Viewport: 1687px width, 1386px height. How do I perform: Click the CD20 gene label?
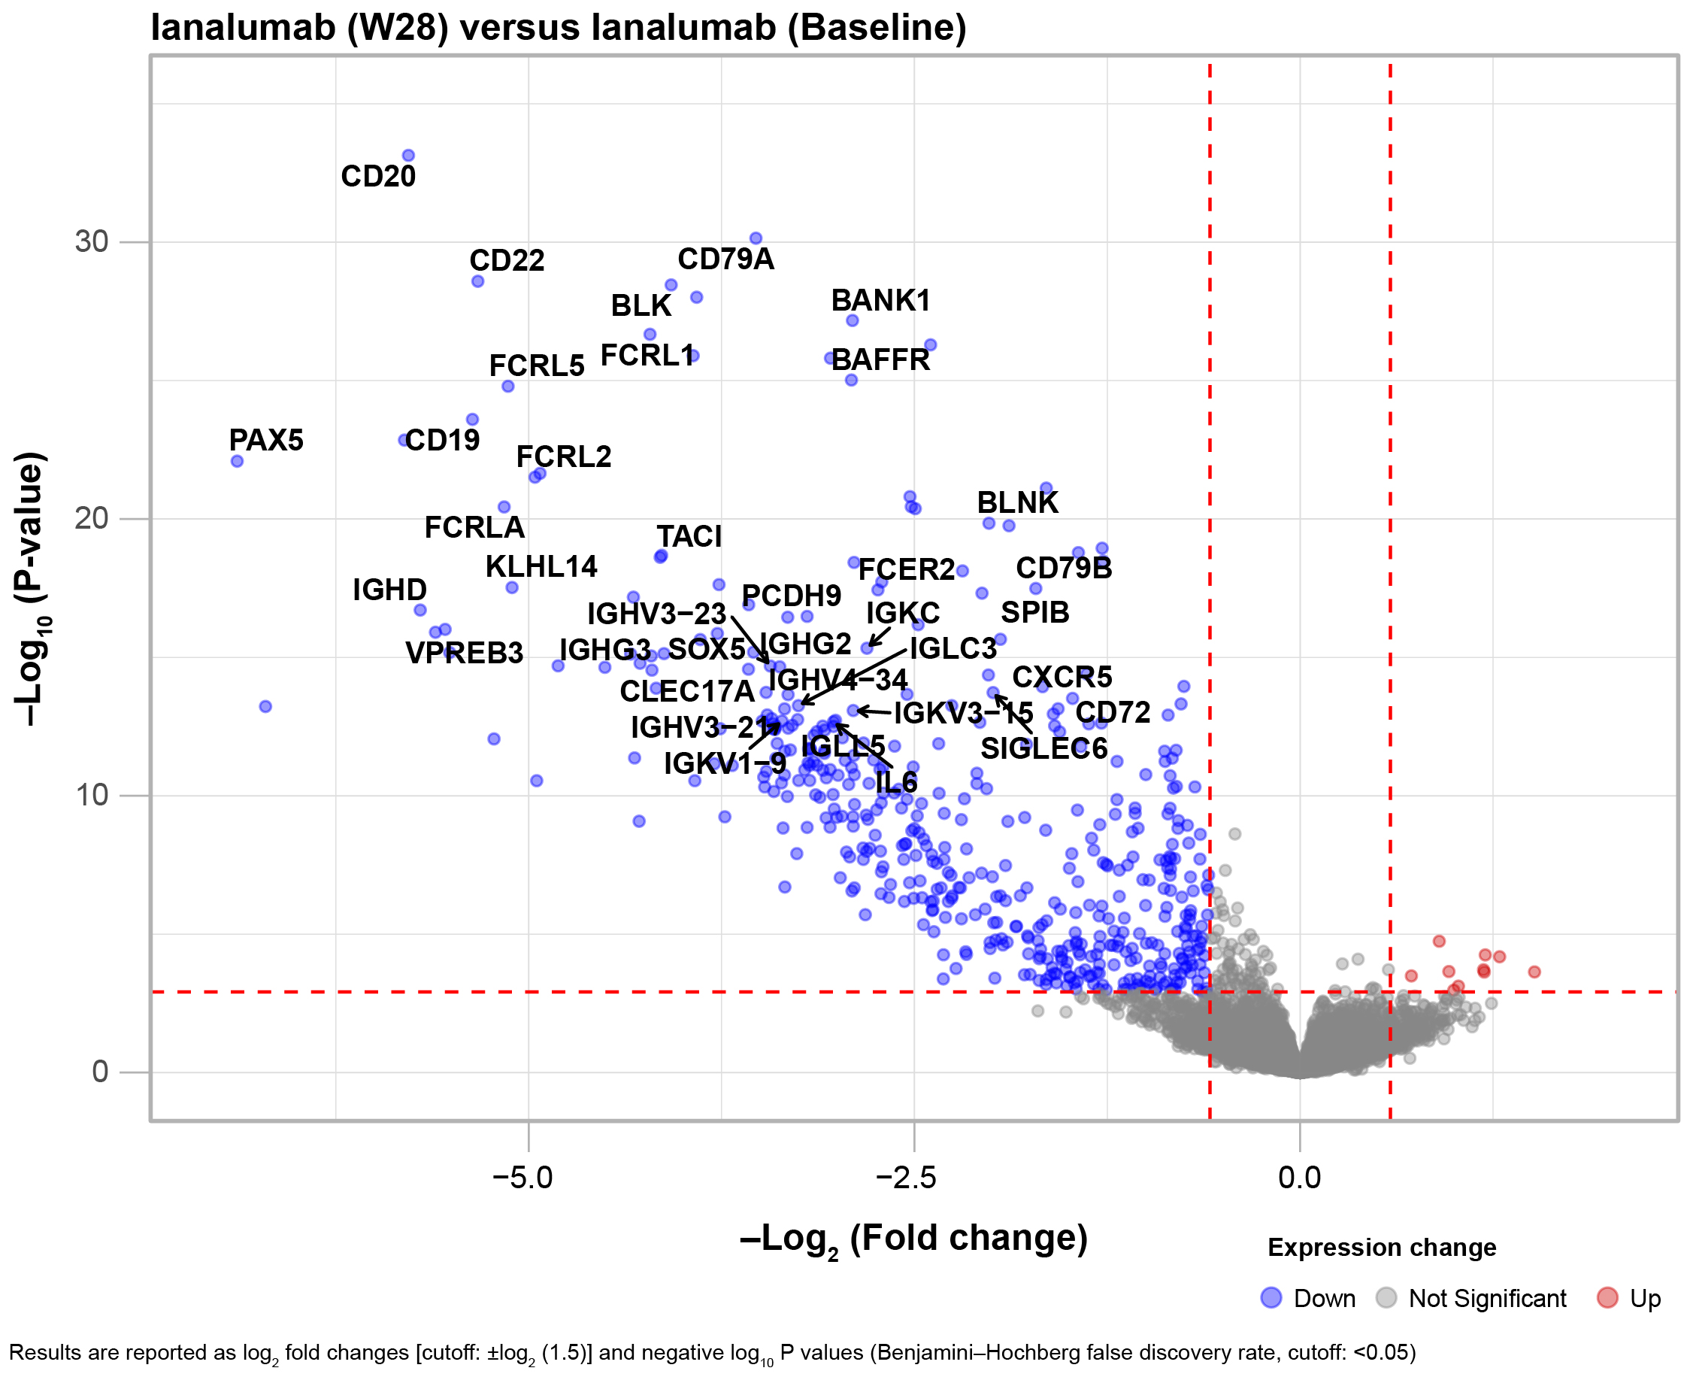(378, 177)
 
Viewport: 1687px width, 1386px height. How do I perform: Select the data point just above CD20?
(407, 156)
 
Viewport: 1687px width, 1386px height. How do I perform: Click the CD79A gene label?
(725, 259)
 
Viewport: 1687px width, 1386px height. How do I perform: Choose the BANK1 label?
(880, 300)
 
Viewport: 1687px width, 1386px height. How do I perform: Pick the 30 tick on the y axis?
(91, 241)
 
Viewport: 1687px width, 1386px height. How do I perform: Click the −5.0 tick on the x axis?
(522, 1177)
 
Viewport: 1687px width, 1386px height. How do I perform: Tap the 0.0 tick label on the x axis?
(1299, 1177)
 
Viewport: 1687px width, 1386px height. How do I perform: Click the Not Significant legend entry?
(1487, 1298)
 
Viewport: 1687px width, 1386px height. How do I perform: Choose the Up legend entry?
(1645, 1298)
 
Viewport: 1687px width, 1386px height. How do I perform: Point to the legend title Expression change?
(1381, 1247)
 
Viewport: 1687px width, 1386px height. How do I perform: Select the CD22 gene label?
(507, 260)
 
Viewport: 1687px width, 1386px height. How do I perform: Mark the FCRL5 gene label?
(536, 365)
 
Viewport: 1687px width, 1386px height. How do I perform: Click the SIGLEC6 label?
(1043, 748)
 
